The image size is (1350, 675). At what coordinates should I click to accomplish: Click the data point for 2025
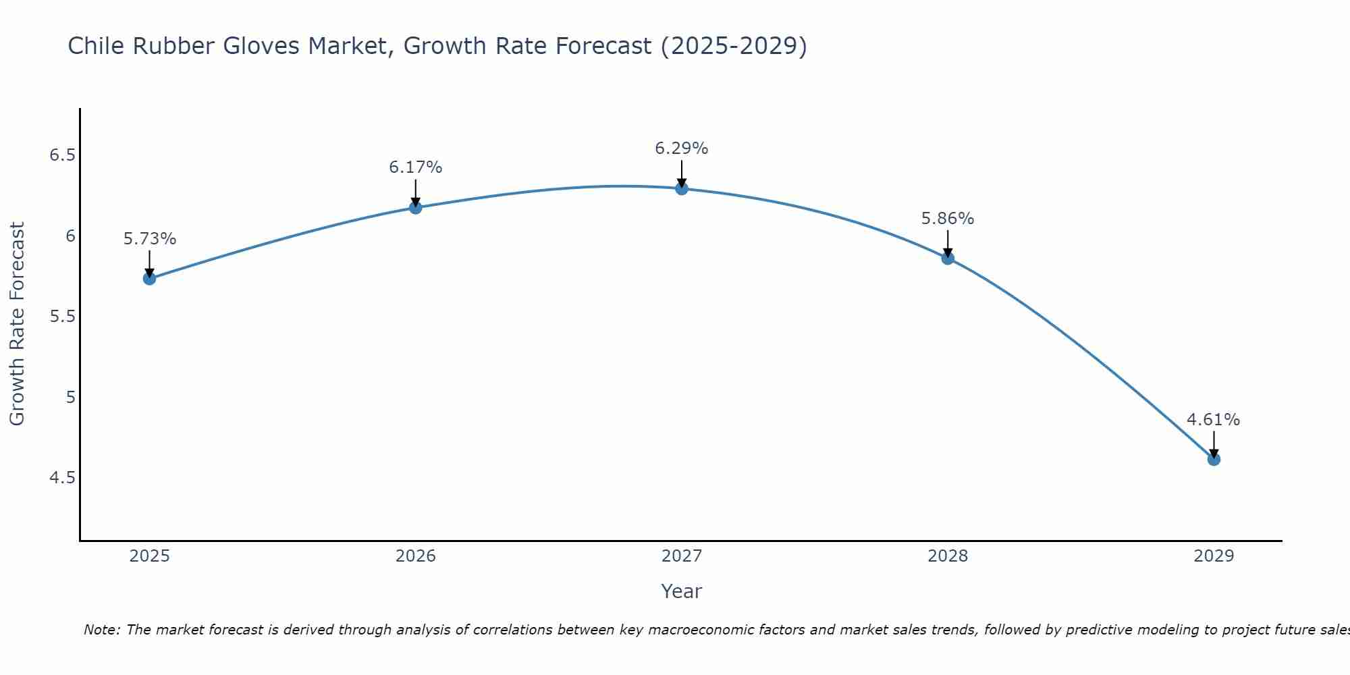point(150,278)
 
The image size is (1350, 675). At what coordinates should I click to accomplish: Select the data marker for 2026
point(416,207)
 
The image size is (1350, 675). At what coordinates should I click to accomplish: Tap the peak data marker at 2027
point(682,188)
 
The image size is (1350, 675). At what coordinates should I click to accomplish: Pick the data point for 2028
point(948,258)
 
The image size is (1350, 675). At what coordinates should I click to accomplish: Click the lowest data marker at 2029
point(1214,459)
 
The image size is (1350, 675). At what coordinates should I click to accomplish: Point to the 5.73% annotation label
point(150,239)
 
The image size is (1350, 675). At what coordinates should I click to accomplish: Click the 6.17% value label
point(416,167)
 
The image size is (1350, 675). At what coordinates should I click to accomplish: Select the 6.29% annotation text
point(682,148)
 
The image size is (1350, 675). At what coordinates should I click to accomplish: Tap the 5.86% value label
point(948,219)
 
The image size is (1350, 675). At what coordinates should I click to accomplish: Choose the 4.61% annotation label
point(1214,420)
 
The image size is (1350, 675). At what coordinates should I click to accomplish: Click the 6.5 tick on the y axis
point(62,155)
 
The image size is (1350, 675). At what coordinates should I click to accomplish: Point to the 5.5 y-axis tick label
point(62,317)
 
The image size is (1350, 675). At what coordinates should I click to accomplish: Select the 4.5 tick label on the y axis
point(62,478)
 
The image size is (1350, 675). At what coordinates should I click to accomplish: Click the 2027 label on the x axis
point(682,556)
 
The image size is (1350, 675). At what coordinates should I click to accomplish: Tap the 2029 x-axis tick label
point(1214,556)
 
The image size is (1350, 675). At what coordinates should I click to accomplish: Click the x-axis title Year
point(682,591)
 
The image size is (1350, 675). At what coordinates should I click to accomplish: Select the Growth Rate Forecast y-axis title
point(18,324)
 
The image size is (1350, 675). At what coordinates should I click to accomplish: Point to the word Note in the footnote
point(101,630)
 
